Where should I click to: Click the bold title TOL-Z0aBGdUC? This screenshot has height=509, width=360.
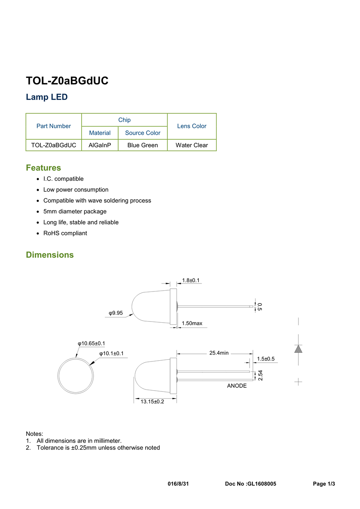67,81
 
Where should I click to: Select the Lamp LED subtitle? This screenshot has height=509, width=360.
46,97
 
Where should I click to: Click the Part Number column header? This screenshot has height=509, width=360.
54,126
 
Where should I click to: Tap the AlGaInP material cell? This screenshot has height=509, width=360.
100,145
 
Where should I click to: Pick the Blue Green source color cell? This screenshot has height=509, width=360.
142,145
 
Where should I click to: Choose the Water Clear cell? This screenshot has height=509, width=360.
192,145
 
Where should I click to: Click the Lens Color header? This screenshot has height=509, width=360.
192,126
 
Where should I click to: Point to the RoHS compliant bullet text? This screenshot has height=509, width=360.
65,234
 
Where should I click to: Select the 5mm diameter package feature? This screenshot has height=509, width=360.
75,212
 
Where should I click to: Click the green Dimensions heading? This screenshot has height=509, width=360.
50,255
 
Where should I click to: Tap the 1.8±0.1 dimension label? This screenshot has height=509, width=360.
191,280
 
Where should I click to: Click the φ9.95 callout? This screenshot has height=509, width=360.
116,313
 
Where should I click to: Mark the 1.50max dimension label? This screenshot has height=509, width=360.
192,323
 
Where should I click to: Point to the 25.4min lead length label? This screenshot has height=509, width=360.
219,353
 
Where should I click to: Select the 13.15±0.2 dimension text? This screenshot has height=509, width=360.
152,401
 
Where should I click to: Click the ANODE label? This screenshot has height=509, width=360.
237,385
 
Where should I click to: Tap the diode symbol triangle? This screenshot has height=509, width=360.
298,349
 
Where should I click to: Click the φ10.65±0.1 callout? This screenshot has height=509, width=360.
91,343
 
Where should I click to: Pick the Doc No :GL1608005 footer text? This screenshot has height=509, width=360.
250,484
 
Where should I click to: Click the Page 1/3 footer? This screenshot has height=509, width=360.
324,484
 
